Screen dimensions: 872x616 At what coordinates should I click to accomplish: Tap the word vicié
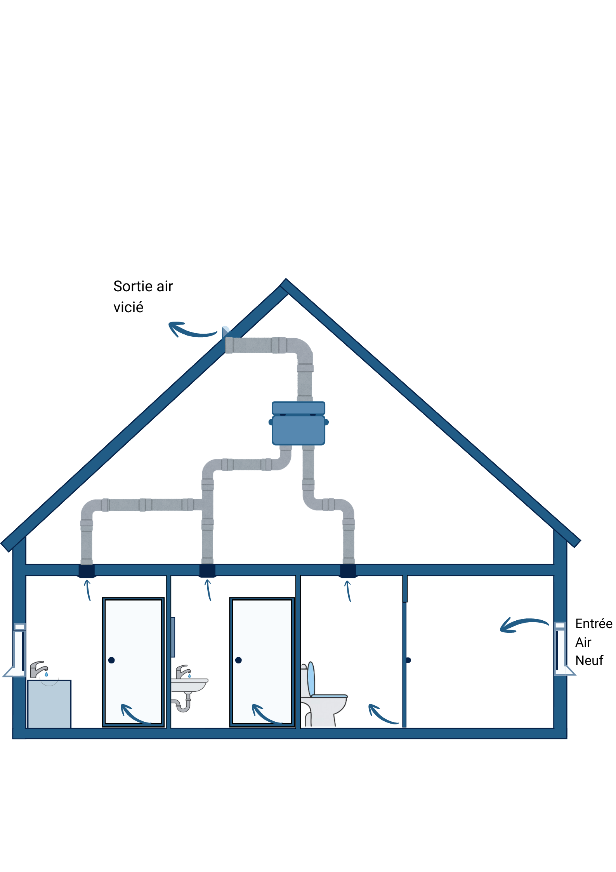click(x=128, y=308)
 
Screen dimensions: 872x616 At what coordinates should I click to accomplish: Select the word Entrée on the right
click(x=593, y=624)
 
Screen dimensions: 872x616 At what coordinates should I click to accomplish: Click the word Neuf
click(x=589, y=660)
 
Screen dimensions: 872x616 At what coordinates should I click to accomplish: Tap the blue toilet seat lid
click(x=311, y=679)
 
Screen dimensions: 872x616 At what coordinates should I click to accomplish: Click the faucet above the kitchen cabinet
click(x=38, y=669)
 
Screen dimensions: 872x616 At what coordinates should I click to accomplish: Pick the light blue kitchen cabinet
click(x=49, y=704)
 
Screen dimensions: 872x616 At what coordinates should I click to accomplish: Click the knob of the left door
click(x=111, y=660)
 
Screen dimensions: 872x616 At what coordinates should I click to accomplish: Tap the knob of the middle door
click(x=238, y=660)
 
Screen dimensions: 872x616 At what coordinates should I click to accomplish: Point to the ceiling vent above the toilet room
click(x=348, y=571)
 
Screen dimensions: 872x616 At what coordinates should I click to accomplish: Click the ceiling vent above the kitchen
click(x=87, y=571)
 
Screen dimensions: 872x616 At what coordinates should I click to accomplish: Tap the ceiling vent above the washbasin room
click(x=207, y=571)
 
